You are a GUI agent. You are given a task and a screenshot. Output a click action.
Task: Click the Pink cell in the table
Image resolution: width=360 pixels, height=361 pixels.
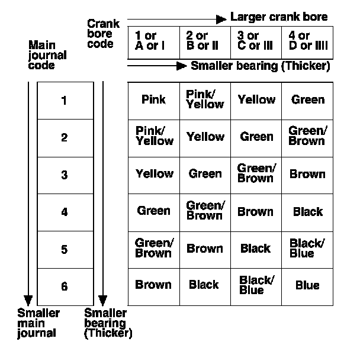[x=153, y=100]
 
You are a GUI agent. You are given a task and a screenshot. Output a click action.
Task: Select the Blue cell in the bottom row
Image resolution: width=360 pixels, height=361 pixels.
[x=307, y=286]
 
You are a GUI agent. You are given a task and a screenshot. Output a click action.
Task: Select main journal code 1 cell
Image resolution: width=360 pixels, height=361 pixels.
[x=65, y=101]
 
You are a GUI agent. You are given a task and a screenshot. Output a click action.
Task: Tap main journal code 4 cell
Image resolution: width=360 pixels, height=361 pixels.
[x=65, y=212]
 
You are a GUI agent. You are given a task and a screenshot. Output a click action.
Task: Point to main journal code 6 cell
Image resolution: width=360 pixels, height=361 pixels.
[x=65, y=286]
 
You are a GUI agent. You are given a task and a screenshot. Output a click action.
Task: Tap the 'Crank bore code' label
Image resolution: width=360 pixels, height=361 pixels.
[x=104, y=34]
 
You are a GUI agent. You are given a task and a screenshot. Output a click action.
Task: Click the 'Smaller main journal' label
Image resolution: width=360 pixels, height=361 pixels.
[x=38, y=323]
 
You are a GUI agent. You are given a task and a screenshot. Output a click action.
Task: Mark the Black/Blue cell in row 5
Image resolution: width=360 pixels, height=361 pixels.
[x=307, y=249]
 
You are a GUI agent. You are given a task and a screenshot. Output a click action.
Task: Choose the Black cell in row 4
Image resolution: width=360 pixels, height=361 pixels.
[x=307, y=211]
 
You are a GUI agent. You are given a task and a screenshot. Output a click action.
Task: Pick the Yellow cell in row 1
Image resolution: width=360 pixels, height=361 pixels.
[x=256, y=100]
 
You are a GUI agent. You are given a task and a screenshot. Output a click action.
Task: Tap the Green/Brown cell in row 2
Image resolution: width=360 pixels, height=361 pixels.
[x=307, y=136]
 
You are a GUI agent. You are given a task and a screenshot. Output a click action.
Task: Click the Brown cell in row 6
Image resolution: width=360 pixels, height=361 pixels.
[x=153, y=285]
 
